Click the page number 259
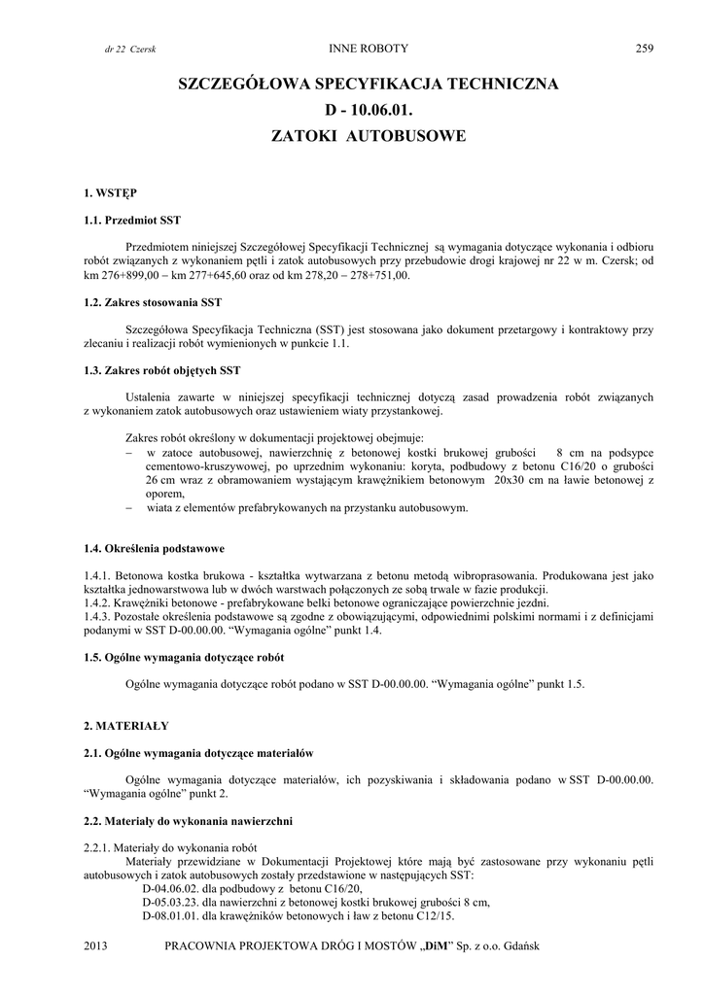646,48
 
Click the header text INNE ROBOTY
369,48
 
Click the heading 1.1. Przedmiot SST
131,221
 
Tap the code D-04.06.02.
170,888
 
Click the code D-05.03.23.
170,902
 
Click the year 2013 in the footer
96,945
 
